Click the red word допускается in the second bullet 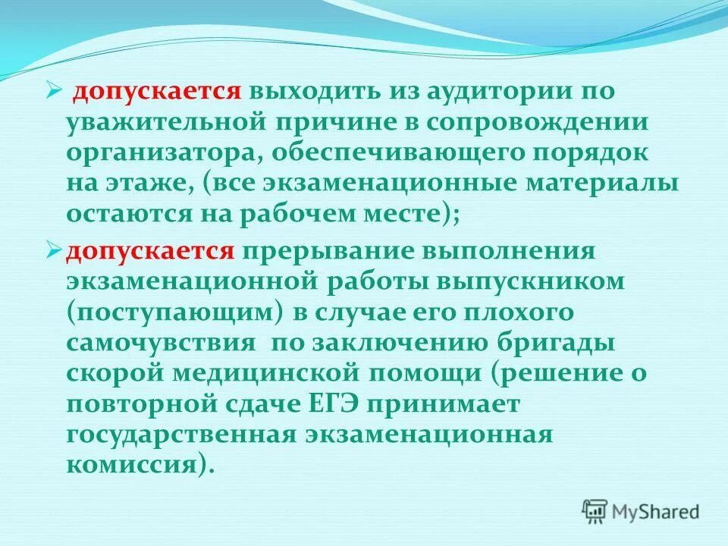(149, 250)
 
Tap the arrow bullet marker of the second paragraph (52, 249)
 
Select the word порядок (607, 152)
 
